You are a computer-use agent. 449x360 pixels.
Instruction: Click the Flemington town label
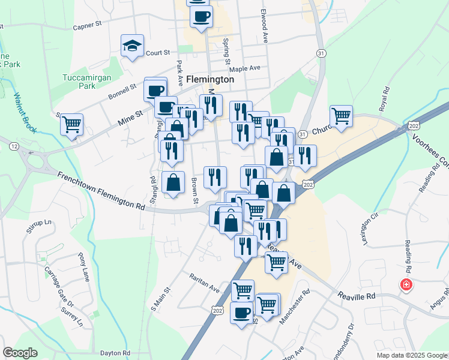click(210, 79)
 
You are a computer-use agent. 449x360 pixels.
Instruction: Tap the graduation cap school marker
click(132, 46)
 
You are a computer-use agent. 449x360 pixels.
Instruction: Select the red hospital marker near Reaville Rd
click(406, 284)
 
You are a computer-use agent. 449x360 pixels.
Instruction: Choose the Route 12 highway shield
click(13, 146)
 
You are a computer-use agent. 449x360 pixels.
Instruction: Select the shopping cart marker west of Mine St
click(71, 125)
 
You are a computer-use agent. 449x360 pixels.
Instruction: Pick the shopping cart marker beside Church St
click(341, 116)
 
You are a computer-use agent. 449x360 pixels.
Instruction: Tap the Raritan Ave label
click(205, 281)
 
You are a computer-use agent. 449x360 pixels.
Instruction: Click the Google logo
click(20, 353)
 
